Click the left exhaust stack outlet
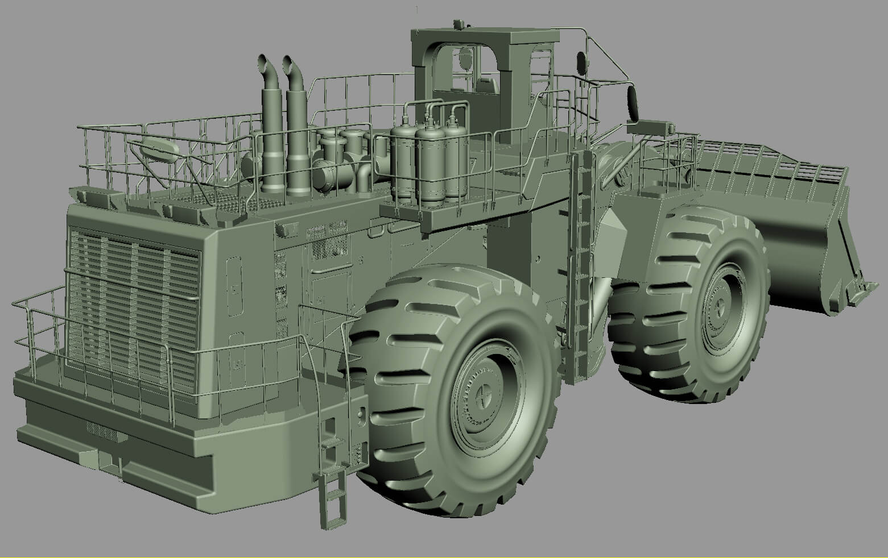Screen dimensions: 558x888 click(x=263, y=60)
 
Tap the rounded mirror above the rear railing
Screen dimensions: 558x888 click(x=160, y=149)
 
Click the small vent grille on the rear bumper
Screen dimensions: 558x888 click(x=102, y=432)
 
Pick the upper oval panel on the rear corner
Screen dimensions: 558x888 click(x=233, y=287)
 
